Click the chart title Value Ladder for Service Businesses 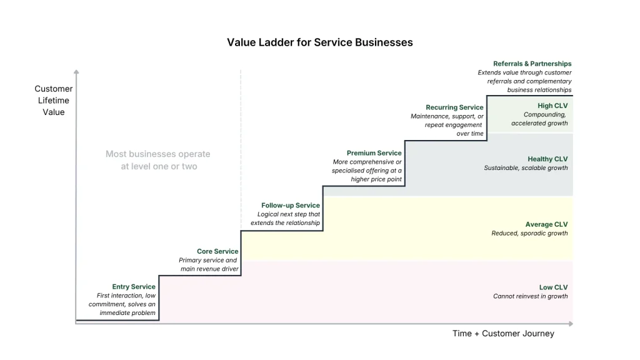tap(319, 42)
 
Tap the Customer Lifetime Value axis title tap(54, 101)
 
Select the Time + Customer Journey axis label tap(503, 334)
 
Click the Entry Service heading tap(134, 287)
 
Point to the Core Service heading tap(217, 251)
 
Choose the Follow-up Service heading tap(290, 205)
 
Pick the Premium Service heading tap(374, 153)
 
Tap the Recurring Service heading tap(454, 107)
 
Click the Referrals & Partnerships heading tap(532, 64)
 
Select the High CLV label tap(552, 106)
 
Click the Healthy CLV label tap(547, 159)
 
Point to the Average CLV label tap(546, 224)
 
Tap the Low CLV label tap(553, 287)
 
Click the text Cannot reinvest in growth tap(530, 296)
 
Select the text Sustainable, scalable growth tap(526, 168)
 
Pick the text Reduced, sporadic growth tap(529, 233)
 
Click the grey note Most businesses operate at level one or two tap(158, 160)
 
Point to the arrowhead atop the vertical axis tap(76, 72)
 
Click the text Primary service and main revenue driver tap(208, 264)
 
